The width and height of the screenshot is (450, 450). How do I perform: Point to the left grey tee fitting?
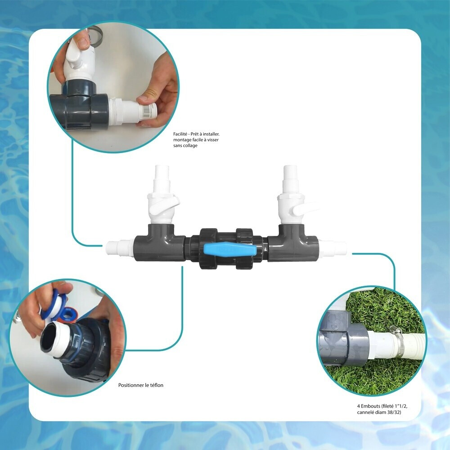[x=160, y=243]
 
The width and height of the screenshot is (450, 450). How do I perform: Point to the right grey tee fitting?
[x=293, y=243]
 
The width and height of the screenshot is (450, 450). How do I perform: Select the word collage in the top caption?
[x=190, y=145]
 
